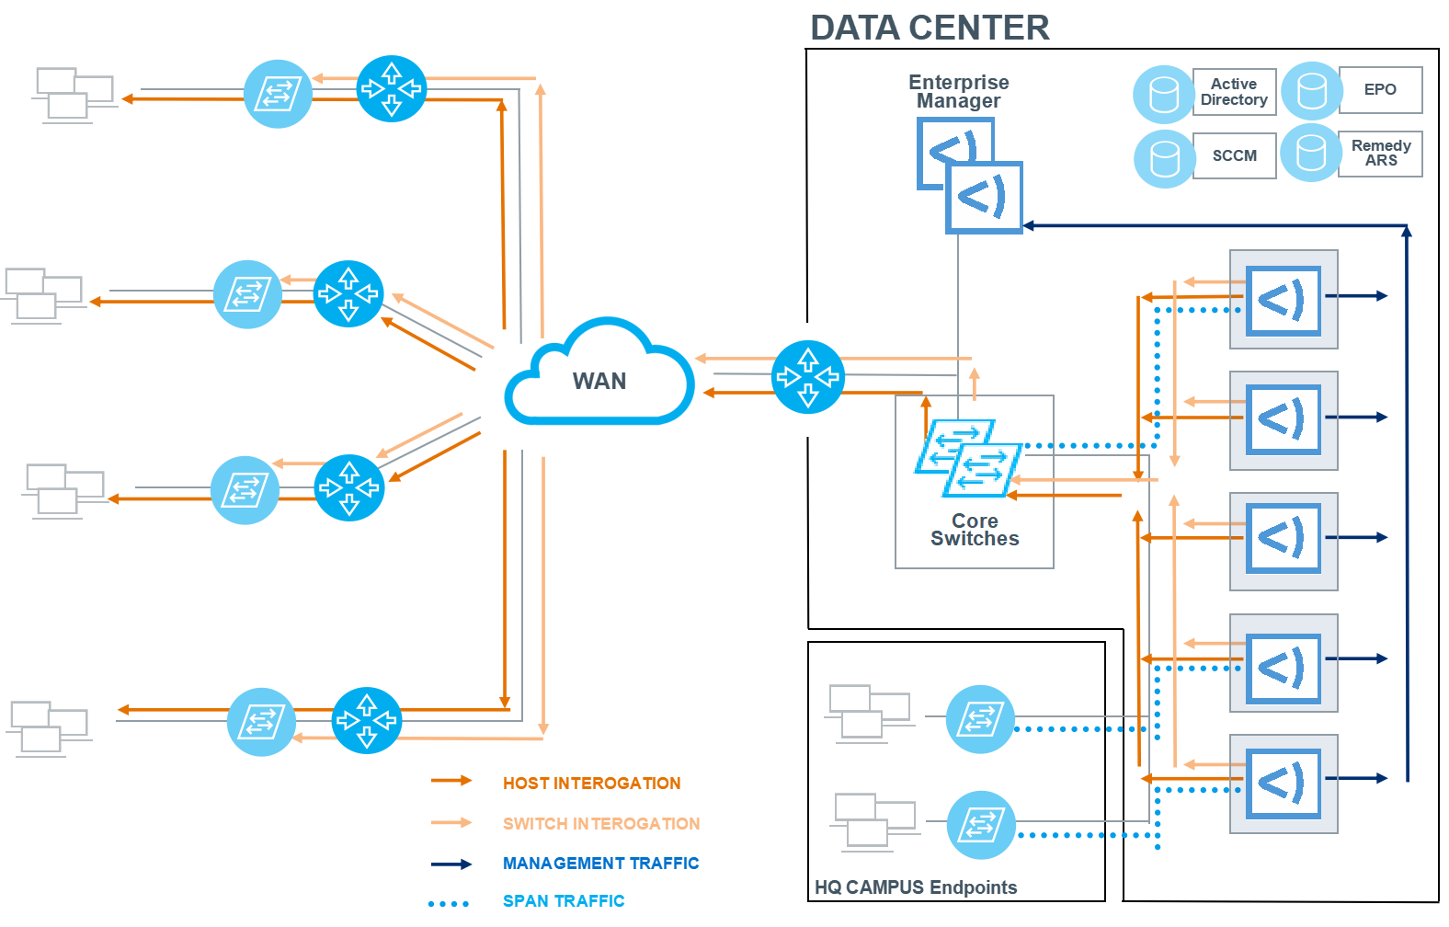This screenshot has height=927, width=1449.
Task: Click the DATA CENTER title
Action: point(930,29)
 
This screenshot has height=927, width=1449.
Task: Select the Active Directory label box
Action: point(1234,92)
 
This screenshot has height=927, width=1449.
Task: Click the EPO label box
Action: point(1380,90)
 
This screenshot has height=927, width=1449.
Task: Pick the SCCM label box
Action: point(1234,155)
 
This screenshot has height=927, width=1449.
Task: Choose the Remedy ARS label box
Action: point(1380,153)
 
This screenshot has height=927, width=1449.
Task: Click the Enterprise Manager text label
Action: point(959,92)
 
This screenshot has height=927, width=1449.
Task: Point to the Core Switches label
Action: point(975,531)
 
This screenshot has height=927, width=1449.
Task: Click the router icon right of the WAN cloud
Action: point(807,377)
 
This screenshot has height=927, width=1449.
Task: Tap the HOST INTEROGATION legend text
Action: point(591,784)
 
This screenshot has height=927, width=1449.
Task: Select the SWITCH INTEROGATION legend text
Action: point(601,824)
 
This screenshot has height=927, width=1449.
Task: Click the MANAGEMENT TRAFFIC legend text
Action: point(600,864)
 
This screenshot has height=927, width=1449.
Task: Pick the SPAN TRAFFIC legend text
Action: point(564,901)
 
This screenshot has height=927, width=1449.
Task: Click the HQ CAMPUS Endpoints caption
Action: point(916,887)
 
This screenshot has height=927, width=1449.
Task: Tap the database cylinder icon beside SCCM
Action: point(1165,158)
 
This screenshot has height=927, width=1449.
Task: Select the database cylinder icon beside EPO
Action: point(1312,91)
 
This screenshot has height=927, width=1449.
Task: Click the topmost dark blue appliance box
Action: point(1284,300)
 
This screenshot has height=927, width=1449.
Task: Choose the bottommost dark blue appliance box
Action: point(1284,784)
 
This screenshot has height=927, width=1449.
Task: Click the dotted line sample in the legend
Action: point(449,904)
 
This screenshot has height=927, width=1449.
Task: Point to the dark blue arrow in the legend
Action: point(451,864)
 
